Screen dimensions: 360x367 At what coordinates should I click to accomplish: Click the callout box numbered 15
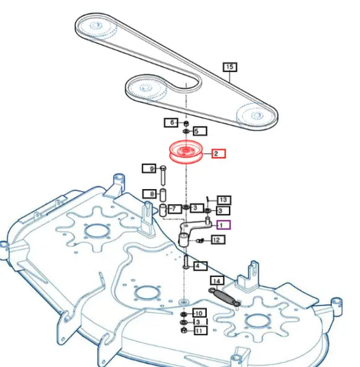230,67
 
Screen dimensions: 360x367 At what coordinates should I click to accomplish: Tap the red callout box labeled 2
218,154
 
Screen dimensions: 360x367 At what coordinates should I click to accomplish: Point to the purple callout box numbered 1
223,225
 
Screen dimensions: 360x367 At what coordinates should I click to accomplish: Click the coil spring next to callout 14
225,298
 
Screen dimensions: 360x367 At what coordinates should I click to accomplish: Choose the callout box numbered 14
217,281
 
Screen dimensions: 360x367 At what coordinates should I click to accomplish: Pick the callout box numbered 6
171,122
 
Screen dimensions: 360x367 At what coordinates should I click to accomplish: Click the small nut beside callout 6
186,123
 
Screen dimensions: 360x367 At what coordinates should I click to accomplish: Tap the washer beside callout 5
186,131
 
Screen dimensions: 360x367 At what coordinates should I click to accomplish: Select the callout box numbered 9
149,169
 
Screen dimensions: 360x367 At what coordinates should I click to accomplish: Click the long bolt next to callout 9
163,175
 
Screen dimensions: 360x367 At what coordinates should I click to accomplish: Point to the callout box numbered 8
150,194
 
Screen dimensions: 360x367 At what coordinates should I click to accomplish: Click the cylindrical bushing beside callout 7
163,210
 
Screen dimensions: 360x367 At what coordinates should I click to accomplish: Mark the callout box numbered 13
224,200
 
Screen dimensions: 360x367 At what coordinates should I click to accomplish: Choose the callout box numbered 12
218,240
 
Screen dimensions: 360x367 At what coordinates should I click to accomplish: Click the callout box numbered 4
200,266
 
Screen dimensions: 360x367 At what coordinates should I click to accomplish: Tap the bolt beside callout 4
186,262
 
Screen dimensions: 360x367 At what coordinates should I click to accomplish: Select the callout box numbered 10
199,313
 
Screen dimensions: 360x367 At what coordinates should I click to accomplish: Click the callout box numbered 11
200,330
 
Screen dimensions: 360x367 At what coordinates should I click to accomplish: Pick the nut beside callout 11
184,330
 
